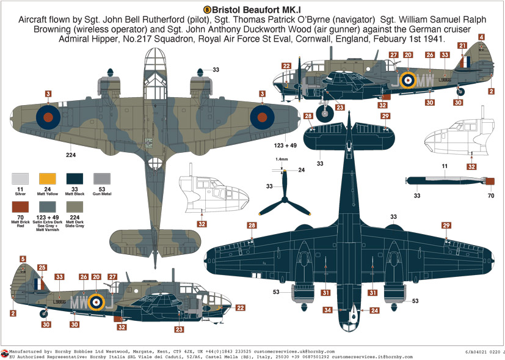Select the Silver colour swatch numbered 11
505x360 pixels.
pyautogui.click(x=20, y=179)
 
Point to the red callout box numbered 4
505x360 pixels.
pyautogui.click(x=482, y=38)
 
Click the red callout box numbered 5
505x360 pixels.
pyautogui.click(x=23, y=259)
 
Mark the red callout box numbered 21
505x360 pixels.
pyautogui.click(x=462, y=46)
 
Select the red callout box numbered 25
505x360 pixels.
pyautogui.click(x=42, y=268)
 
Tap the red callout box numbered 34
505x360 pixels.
pyautogui.click(x=328, y=310)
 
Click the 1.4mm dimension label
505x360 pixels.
pyautogui.click(x=281, y=159)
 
